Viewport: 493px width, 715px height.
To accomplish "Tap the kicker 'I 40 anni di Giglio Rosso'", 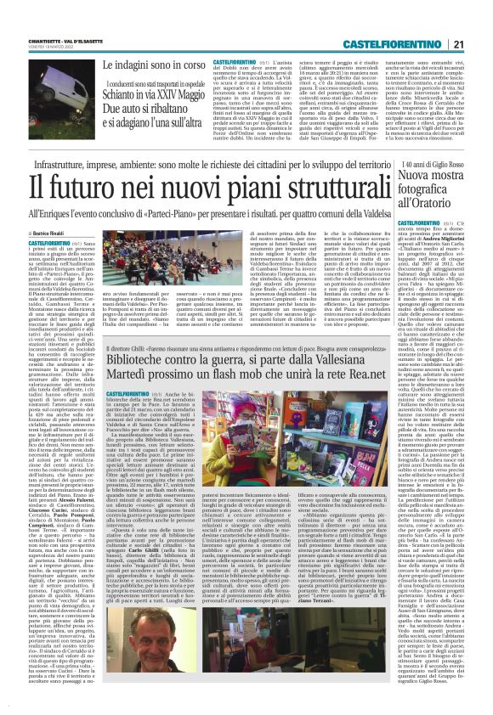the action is [430, 165].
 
